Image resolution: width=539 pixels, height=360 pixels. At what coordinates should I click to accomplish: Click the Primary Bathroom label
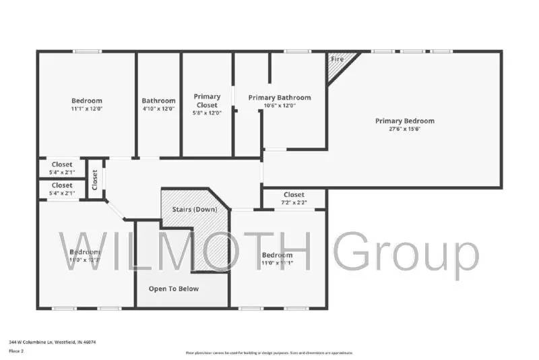coord(280,98)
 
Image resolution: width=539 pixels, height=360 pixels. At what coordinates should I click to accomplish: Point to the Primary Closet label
coord(207,100)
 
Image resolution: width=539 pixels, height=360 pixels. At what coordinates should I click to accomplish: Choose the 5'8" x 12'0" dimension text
coord(207,113)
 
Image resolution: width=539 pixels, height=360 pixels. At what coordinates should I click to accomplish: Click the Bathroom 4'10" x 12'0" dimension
coord(158,109)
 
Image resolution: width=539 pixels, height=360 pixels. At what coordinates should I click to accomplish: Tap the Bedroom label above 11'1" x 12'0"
coord(86,100)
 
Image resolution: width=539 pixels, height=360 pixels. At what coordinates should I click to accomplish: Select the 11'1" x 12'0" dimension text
coord(86,109)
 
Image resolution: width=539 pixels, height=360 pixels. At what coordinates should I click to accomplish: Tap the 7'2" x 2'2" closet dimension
coord(294,202)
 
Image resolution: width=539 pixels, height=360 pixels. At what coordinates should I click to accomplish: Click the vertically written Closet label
coord(95,180)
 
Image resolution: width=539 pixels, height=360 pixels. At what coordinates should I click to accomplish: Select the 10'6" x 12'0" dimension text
coord(280,106)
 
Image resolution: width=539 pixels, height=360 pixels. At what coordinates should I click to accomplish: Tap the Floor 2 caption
coord(16,351)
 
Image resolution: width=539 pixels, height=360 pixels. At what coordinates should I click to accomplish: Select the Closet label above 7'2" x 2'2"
coord(294,195)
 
